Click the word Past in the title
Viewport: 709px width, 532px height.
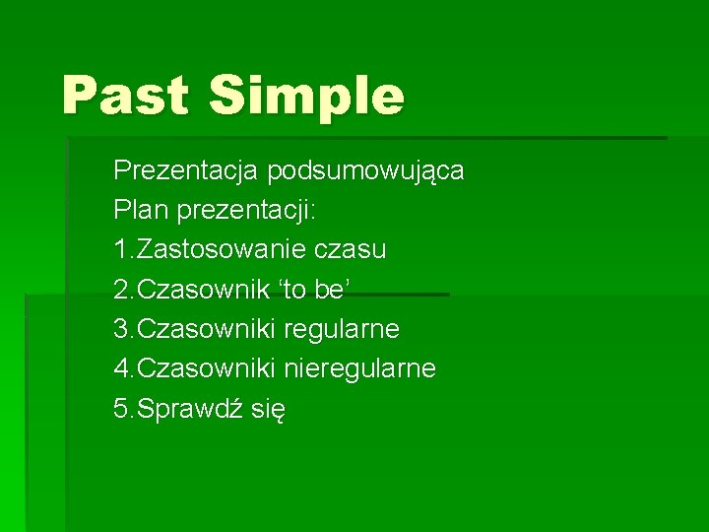[125, 96]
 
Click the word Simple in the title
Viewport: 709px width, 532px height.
[306, 97]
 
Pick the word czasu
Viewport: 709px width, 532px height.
[352, 250]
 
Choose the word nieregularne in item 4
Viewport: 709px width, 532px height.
[360, 369]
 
